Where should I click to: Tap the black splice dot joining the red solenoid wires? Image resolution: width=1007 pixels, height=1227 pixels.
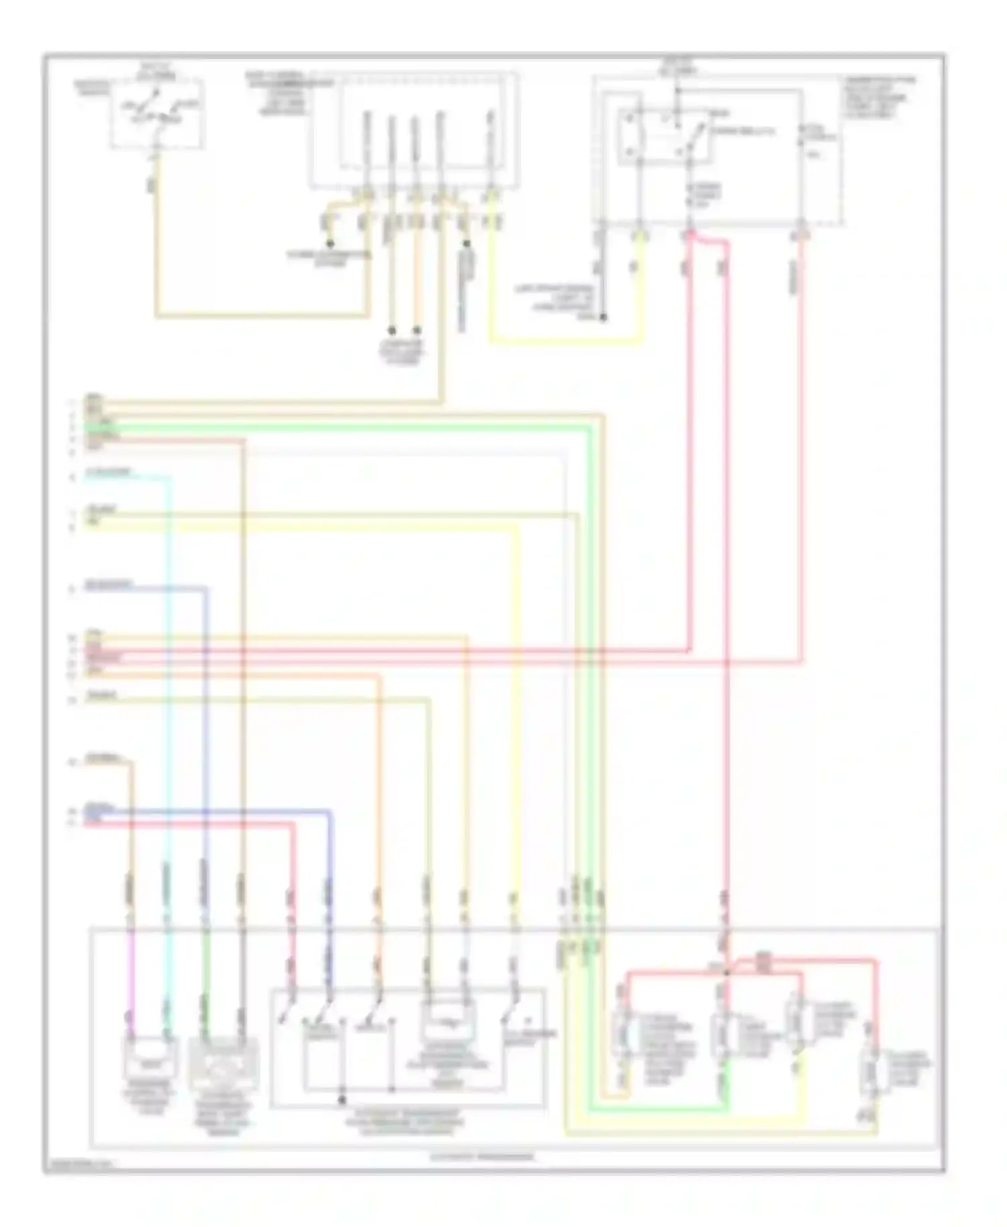[726, 972]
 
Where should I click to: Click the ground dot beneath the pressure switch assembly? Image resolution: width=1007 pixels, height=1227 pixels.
[342, 1100]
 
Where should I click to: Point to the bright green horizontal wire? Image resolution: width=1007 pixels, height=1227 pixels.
[336, 428]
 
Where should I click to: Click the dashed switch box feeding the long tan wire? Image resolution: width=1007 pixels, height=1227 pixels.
[158, 114]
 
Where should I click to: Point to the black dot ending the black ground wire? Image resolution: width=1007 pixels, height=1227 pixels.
[602, 317]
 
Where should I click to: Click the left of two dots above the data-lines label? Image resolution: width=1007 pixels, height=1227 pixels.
[391, 330]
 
